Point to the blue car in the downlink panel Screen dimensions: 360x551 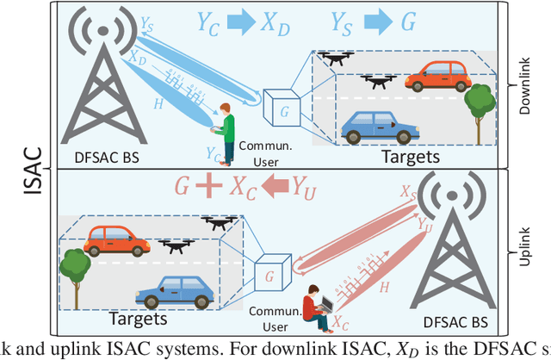[373, 125]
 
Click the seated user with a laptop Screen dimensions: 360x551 [316, 306]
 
